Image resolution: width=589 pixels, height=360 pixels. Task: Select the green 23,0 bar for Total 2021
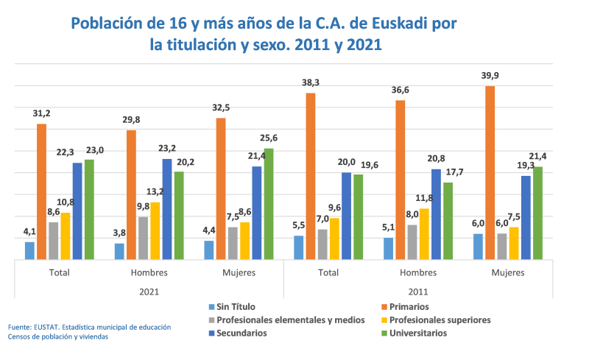click(x=89, y=210)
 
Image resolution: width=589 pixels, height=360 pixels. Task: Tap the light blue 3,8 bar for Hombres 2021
click(x=119, y=251)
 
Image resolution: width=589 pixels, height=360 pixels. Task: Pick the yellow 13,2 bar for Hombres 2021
click(x=155, y=230)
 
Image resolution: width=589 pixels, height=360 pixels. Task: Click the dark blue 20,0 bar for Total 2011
click(x=346, y=216)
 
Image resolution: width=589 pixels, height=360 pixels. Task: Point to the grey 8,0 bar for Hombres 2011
click(x=412, y=242)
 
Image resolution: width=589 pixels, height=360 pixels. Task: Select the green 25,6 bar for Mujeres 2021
click(x=269, y=204)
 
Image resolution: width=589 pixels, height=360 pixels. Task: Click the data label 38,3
click(x=310, y=83)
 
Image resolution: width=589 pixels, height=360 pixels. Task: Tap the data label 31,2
click(x=41, y=114)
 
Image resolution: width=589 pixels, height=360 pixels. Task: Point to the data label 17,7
click(x=448, y=172)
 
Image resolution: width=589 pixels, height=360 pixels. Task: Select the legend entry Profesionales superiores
click(x=439, y=320)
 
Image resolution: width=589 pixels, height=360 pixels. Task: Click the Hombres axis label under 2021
click(x=149, y=272)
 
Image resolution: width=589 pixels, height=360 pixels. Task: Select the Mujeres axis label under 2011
click(x=507, y=272)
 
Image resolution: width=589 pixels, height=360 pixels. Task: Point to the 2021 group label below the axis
click(x=149, y=292)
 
